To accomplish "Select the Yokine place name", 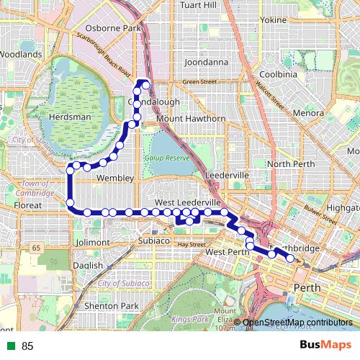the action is click(x=273, y=20).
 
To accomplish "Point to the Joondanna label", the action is click(x=206, y=63).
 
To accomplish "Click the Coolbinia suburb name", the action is click(x=278, y=74).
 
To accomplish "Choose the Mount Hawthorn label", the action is click(x=191, y=119).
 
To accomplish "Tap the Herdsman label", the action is click(x=71, y=117).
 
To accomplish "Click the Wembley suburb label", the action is click(x=115, y=178).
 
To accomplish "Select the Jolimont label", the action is click(x=96, y=243).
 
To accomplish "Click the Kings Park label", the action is click(x=189, y=318).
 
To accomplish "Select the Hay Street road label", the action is click(x=192, y=245).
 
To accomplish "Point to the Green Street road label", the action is click(x=199, y=82).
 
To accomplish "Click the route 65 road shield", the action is click(x=35, y=248).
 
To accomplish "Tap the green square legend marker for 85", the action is click(x=11, y=346).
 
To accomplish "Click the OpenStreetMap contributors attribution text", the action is click(x=297, y=322).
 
